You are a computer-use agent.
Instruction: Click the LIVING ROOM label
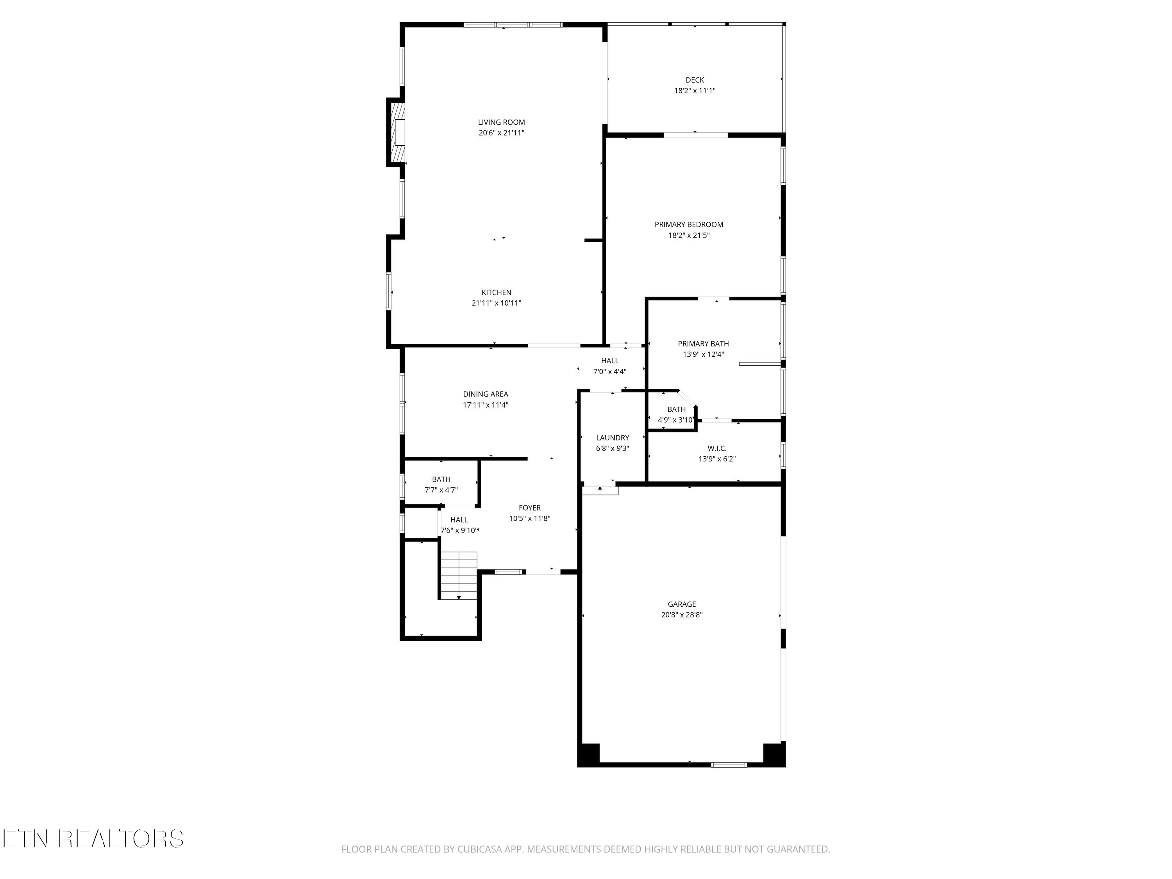pyautogui.click(x=501, y=122)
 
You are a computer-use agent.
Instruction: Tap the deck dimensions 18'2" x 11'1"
pyautogui.click(x=695, y=91)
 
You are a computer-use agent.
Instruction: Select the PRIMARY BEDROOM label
pyautogui.click(x=689, y=225)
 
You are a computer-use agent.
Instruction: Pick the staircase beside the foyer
pyautogui.click(x=459, y=575)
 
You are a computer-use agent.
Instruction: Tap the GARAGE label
pyautogui.click(x=682, y=604)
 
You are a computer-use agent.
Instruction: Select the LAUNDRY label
pyautogui.click(x=613, y=438)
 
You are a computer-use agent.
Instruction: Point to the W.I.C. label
pyautogui.click(x=717, y=448)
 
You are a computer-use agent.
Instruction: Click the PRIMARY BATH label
pyautogui.click(x=703, y=344)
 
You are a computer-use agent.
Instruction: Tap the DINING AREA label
pyautogui.click(x=485, y=394)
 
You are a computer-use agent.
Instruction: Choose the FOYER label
pyautogui.click(x=530, y=507)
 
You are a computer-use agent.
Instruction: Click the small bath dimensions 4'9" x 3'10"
pyautogui.click(x=675, y=420)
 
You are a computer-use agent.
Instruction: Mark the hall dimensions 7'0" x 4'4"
pyautogui.click(x=610, y=372)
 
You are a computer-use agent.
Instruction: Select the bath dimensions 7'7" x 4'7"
pyautogui.click(x=441, y=491)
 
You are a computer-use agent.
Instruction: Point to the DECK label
pyautogui.click(x=695, y=80)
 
